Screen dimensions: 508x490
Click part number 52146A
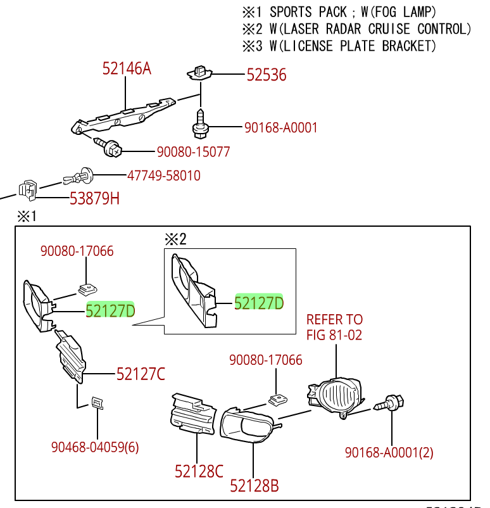127,68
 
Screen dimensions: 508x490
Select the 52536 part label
266,75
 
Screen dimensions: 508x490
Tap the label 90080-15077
193,152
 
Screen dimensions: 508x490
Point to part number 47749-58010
163,175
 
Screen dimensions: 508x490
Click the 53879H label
94,199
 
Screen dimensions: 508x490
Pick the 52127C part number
141,374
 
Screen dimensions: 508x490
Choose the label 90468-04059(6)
95,447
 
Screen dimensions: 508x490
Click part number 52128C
199,471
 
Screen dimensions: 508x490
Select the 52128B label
254,486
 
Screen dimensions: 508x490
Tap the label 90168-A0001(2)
389,452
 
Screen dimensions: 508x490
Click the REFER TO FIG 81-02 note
334,327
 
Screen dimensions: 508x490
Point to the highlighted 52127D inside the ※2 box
259,303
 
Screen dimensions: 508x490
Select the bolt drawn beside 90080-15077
108,148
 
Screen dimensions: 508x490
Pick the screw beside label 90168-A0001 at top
200,124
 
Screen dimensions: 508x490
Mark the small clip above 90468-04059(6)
97,403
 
